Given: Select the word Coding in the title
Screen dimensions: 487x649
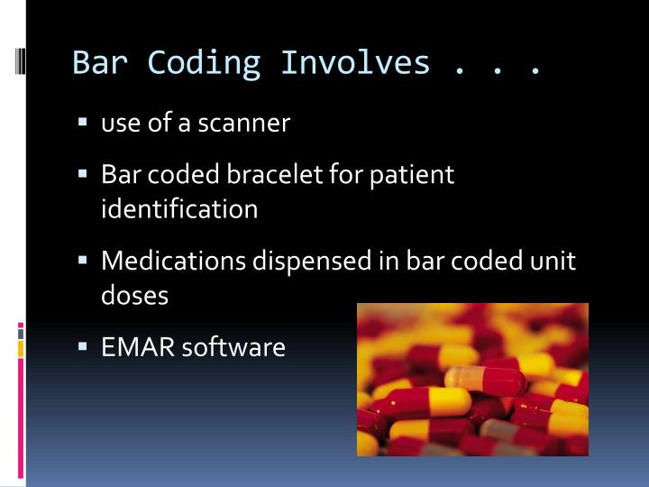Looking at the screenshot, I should tap(204, 63).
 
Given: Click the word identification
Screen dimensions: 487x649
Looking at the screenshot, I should tap(179, 209).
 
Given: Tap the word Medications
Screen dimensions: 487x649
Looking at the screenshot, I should tap(174, 261).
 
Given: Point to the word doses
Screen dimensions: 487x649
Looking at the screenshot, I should tap(134, 295).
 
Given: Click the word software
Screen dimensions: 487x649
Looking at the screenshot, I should tap(233, 346).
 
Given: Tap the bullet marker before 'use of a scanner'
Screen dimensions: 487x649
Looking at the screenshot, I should tap(82, 121).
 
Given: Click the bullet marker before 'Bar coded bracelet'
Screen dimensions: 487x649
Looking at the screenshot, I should tap(82, 172).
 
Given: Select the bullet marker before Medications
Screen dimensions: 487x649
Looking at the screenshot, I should tap(82, 259).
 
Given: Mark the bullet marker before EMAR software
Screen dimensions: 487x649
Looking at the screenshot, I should tap(82, 345).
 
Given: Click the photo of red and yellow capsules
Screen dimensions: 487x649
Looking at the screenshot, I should tap(472, 379).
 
